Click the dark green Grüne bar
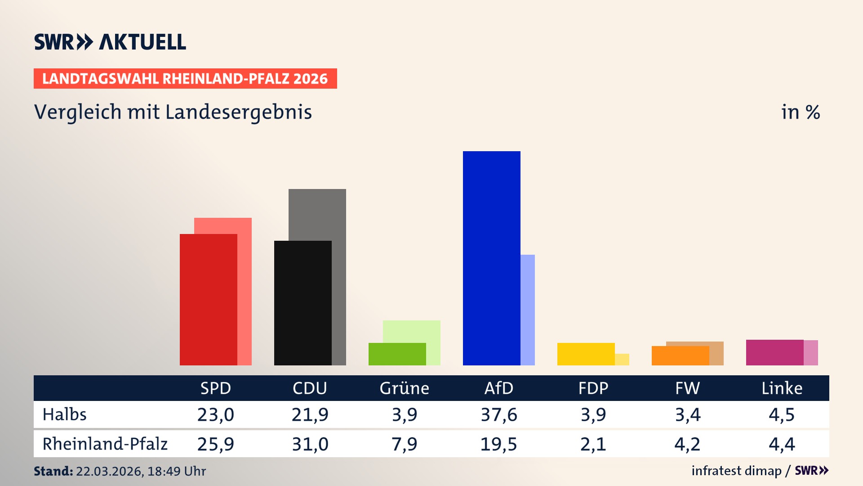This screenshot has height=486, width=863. click(x=397, y=354)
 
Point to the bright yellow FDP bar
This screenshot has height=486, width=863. click(x=586, y=354)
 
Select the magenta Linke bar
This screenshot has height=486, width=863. click(x=774, y=352)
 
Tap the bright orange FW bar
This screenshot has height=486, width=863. click(x=680, y=356)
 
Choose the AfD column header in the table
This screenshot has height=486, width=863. click(x=498, y=388)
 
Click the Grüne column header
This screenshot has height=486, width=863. click(x=404, y=388)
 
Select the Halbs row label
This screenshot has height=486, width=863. click(x=64, y=414)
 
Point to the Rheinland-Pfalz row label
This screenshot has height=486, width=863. click(x=105, y=444)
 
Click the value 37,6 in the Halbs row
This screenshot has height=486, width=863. click(x=498, y=414)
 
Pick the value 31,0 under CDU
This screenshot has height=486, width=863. click(x=310, y=444)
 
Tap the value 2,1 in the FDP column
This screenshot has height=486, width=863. click(x=593, y=444)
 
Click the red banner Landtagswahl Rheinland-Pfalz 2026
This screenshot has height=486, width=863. click(x=185, y=79)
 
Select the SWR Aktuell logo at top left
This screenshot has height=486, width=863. click(x=110, y=42)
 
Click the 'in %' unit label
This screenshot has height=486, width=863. click(x=800, y=112)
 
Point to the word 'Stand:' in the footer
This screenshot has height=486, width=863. click(x=53, y=471)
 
